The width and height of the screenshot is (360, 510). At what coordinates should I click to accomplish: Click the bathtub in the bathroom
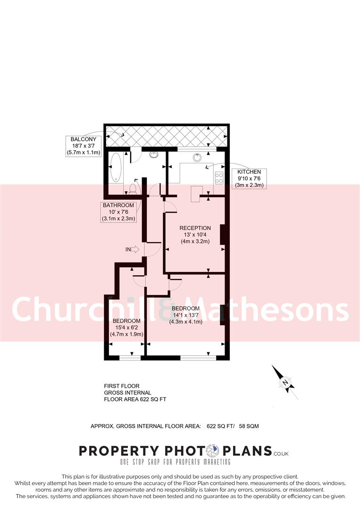coord(116,169)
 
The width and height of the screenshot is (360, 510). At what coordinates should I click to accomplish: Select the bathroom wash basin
coord(154,154)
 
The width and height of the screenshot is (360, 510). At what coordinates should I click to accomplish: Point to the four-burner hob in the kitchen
coord(219,178)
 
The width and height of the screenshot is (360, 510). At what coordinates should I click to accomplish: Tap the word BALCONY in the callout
coord(84,139)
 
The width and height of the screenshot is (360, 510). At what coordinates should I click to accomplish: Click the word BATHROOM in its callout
coord(119,205)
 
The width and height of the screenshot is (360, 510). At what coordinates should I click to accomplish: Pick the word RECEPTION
coord(195,228)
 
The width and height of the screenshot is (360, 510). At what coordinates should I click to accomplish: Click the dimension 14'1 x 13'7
coord(186,315)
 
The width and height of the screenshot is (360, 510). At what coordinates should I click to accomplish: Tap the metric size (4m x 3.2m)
coord(195,241)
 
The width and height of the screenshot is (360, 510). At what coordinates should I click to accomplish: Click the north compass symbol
coord(285,382)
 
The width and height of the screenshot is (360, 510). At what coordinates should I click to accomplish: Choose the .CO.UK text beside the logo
coord(281,453)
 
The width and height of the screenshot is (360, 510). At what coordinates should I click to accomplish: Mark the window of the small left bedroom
coord(130,358)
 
